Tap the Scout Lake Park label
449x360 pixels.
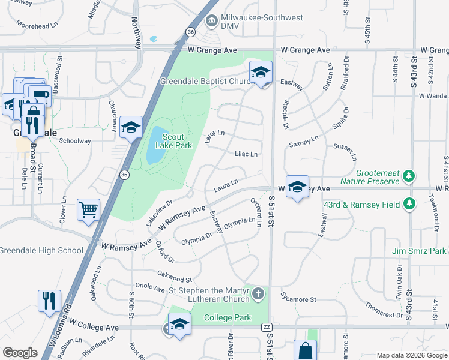coord(173,140)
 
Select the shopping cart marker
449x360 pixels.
coord(88,210)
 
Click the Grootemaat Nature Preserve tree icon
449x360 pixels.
coord(409,175)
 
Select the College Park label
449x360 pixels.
coord(227,317)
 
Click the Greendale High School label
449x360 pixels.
coord(41,250)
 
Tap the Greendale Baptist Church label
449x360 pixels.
coord(204,81)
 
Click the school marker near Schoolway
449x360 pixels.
coord(131,127)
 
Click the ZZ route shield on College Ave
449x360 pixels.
coord(267,327)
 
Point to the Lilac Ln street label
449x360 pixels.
coord(246,154)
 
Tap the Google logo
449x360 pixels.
coord(20,353)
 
